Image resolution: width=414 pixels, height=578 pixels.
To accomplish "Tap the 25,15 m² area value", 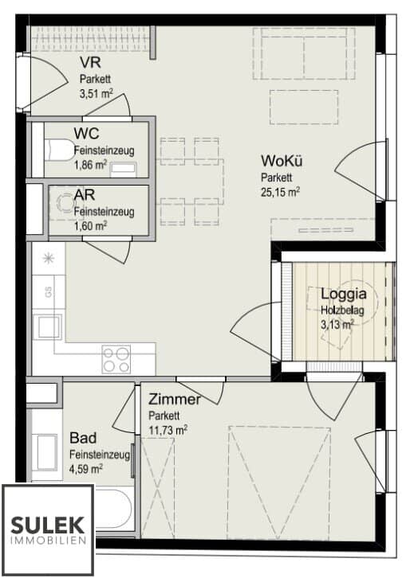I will click(280, 192).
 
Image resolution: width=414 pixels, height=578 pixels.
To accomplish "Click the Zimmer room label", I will click(174, 400).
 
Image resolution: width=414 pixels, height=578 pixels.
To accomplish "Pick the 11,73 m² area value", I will click(168, 429).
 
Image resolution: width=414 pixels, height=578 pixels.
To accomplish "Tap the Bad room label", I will click(83, 438).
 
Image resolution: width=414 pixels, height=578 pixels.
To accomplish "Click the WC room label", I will click(87, 134).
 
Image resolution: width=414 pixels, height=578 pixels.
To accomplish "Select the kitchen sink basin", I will click(47, 326).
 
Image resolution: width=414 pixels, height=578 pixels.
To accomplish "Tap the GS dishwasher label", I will click(49, 292).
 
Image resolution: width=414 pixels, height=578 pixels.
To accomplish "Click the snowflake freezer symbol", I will click(47, 258).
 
